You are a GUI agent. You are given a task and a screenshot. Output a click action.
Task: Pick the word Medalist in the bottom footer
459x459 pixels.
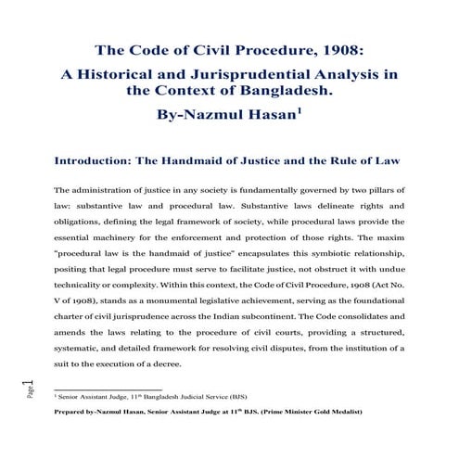pos(338,410)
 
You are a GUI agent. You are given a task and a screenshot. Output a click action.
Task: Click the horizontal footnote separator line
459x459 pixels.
pos(108,388)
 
